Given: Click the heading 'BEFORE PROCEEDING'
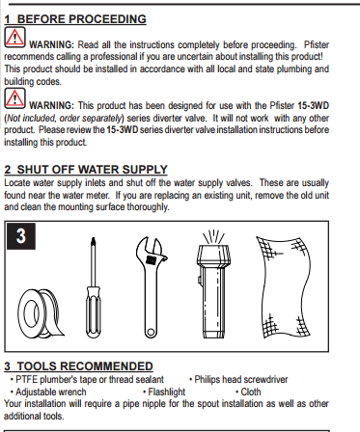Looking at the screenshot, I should tap(82, 18).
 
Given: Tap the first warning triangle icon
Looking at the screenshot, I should tap(14, 39).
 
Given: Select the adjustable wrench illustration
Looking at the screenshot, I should tap(156, 284).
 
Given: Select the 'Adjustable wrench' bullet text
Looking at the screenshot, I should tap(56, 391).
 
